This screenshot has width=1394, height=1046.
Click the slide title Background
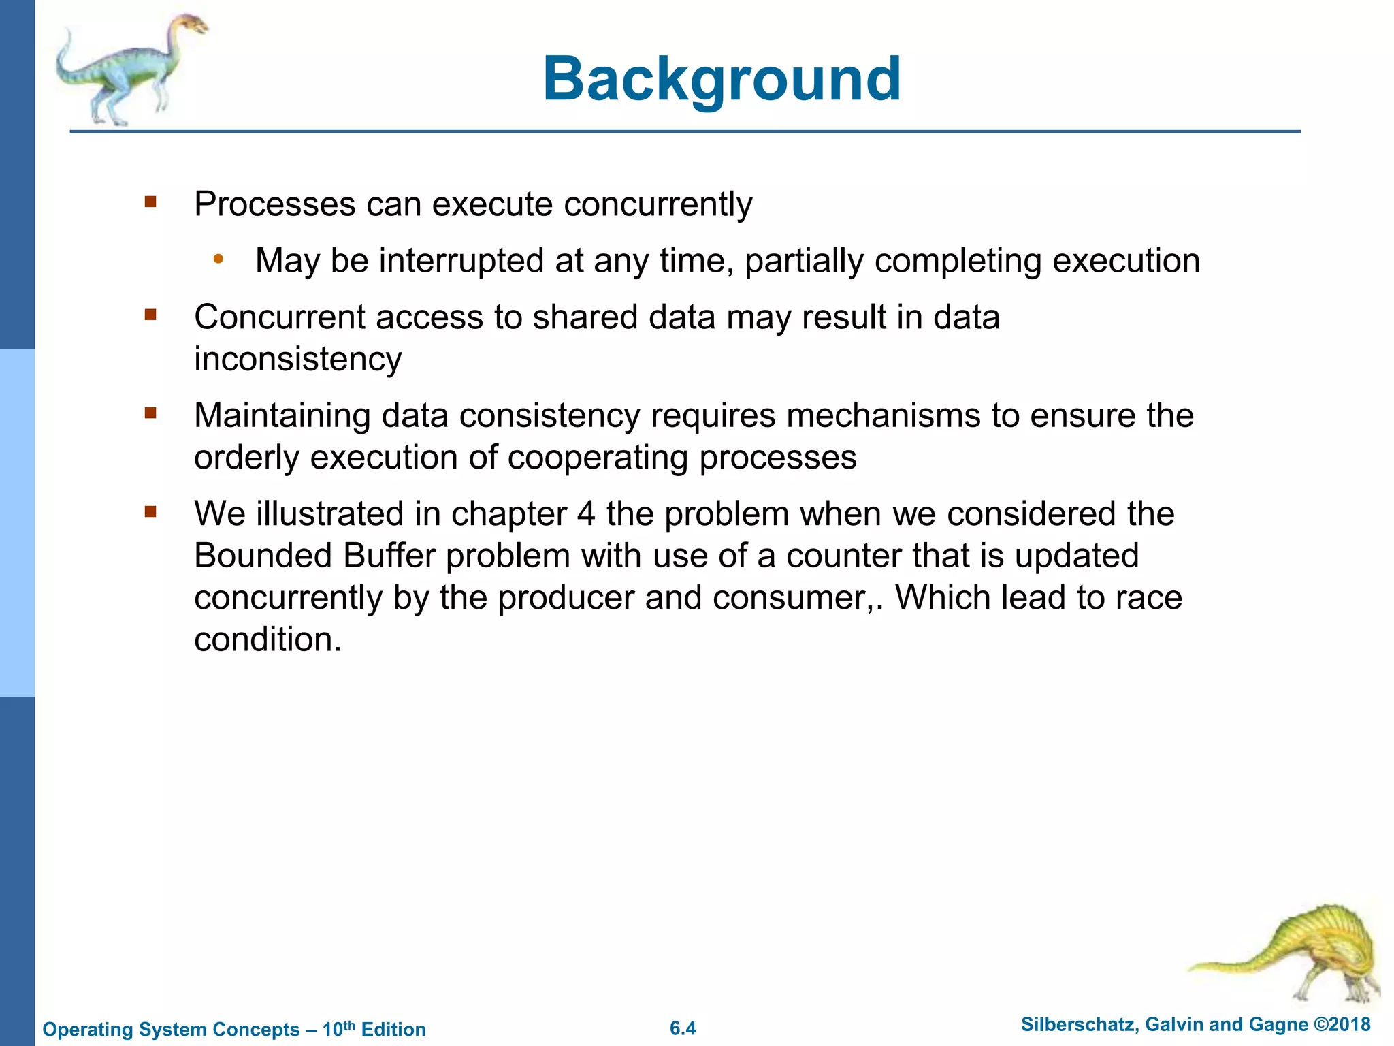pos(722,80)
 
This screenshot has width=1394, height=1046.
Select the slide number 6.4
pos(683,1028)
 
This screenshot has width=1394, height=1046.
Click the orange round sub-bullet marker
pos(218,259)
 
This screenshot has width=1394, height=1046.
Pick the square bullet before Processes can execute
pos(150,202)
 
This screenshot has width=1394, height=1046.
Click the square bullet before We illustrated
pos(150,511)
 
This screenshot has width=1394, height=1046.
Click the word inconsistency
pos(297,360)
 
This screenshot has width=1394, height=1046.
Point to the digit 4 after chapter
pos(586,514)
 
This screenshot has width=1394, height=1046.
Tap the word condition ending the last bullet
pos(267,640)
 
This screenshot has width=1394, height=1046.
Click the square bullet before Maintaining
pos(150,413)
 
